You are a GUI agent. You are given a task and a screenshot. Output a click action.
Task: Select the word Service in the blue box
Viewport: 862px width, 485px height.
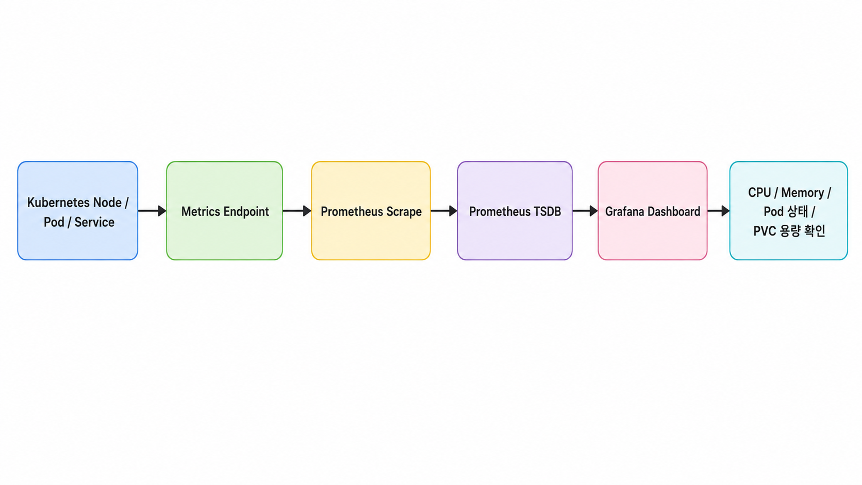94,222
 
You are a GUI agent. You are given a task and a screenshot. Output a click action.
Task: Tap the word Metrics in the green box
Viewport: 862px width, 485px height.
201,211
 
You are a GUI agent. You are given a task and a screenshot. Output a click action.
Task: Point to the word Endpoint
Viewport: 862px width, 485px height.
246,212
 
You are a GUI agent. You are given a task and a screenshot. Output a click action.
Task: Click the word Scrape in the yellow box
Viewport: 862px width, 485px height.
404,212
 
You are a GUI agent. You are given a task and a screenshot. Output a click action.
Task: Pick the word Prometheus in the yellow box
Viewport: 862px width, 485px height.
352,211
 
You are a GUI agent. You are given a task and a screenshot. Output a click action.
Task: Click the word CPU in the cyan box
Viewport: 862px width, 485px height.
759,192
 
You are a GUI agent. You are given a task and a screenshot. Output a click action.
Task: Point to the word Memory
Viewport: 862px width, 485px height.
803,193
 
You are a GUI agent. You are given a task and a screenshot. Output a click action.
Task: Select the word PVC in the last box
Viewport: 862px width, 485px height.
765,231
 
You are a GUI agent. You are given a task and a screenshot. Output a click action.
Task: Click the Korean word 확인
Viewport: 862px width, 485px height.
814,231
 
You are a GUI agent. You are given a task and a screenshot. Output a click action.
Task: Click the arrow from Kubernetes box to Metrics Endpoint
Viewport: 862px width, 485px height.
153,211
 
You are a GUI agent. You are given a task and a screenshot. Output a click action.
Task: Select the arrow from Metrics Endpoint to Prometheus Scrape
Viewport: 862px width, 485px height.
297,211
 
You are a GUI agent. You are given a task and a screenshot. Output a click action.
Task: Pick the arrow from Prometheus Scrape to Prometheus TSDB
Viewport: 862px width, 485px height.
444,211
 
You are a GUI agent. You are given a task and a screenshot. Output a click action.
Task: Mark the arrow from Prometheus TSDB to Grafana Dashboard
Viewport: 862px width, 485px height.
585,211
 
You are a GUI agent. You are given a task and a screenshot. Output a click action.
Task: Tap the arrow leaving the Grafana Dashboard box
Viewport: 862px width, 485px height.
719,211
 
